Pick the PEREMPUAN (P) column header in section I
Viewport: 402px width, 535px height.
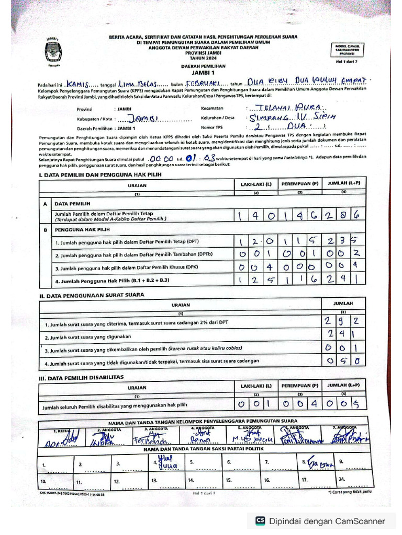coord(299,184)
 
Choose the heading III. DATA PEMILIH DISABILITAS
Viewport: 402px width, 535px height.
coord(81,377)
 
